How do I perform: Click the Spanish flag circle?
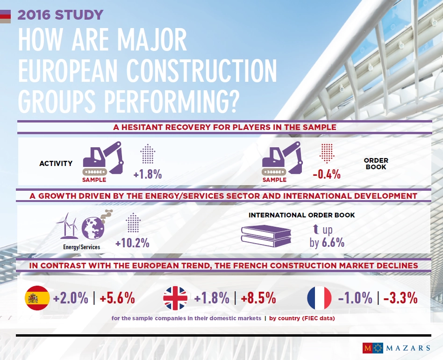tap(37, 298)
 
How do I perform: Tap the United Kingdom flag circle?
tap(175, 298)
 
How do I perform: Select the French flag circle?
tap(319, 298)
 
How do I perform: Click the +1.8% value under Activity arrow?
tap(147, 175)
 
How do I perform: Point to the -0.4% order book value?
tap(326, 175)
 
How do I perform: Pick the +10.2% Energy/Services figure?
tap(132, 243)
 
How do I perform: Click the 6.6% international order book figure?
tap(333, 243)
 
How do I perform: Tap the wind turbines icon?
tap(68, 225)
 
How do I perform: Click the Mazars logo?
tap(396, 348)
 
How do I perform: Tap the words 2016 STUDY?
tap(60, 14)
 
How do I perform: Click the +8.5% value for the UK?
tap(257, 298)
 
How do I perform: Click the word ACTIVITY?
tap(56, 164)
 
